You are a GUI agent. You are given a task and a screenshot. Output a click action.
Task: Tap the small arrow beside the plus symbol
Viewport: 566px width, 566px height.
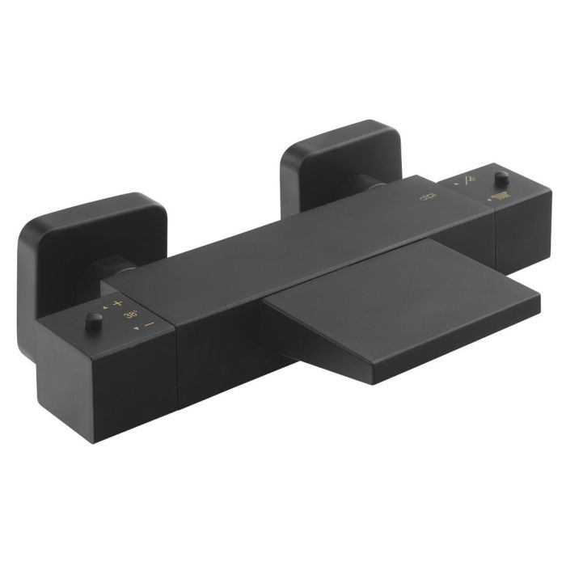[x=106, y=302]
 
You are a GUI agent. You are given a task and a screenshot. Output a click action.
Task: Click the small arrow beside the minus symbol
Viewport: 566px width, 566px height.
[x=138, y=328]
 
